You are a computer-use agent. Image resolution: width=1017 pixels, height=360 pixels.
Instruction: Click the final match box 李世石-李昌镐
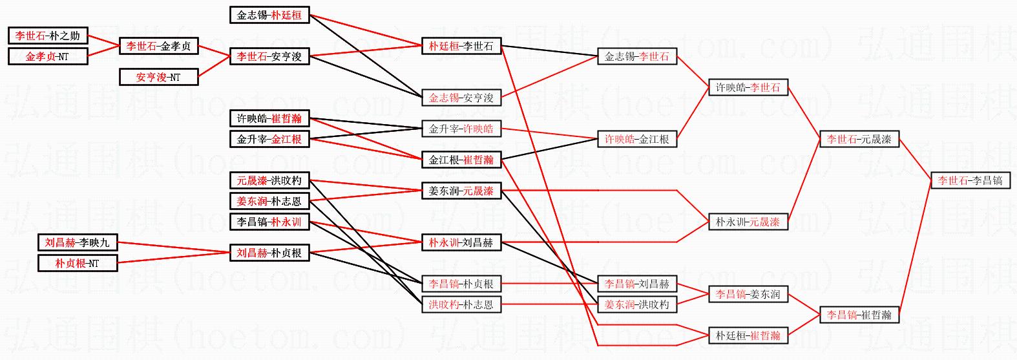[x=970, y=180]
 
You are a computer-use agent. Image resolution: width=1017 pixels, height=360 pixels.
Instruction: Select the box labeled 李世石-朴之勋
[x=48, y=36]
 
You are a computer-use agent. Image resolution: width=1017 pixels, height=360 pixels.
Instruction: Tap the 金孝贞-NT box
[x=48, y=56]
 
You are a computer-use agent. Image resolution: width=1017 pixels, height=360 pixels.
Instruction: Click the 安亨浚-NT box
[x=158, y=77]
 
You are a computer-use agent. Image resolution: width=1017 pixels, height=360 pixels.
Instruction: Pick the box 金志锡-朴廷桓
[x=269, y=15]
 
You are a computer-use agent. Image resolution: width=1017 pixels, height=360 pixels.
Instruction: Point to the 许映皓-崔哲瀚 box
[x=269, y=118]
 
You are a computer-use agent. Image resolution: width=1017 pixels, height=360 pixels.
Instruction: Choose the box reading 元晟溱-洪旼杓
[x=269, y=180]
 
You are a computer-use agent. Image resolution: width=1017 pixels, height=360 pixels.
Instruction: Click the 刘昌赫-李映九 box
[x=78, y=242]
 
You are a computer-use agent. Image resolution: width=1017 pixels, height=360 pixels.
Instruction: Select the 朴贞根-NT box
[x=78, y=263]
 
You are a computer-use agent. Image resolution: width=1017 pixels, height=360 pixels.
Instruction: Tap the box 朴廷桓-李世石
[x=461, y=46]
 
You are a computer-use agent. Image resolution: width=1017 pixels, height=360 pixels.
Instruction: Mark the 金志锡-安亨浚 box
[x=461, y=98]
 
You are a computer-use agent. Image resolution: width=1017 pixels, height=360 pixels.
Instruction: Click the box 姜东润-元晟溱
[x=461, y=191]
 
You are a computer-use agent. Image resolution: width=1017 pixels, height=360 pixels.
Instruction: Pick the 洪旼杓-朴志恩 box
[x=461, y=304]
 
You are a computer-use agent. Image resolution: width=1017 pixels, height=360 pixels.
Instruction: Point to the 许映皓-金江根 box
[x=637, y=139]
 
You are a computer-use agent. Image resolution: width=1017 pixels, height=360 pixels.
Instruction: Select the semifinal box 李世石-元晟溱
[x=859, y=139]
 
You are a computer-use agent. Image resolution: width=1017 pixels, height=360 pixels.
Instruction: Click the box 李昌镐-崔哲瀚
[x=859, y=315]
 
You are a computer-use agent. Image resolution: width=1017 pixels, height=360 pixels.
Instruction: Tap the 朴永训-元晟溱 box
[x=748, y=222]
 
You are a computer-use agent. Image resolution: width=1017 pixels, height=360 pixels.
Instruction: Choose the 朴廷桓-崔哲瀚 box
[x=748, y=335]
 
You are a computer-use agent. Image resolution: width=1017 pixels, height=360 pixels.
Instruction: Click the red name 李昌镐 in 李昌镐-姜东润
[x=731, y=294]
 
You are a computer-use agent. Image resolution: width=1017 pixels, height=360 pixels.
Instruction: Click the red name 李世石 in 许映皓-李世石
[x=765, y=87]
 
